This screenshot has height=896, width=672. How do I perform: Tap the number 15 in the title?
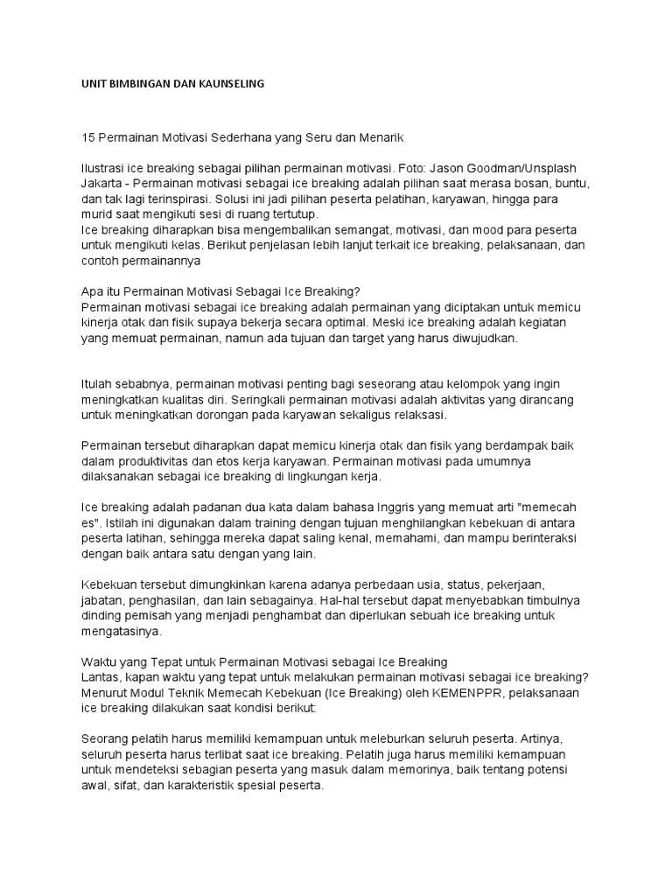click(x=87, y=138)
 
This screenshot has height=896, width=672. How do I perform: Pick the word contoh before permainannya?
click(x=101, y=261)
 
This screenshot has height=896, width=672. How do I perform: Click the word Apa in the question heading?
click(x=92, y=292)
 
